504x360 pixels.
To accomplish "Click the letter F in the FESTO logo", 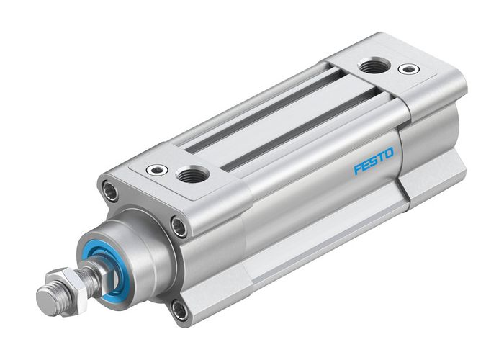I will [x=356, y=169].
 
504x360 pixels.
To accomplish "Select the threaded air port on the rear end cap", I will [x=372, y=66].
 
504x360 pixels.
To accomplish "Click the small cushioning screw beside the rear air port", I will [x=409, y=70].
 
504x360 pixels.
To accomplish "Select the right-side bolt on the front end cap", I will [x=178, y=228].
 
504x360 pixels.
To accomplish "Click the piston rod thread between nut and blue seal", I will [x=91, y=271].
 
